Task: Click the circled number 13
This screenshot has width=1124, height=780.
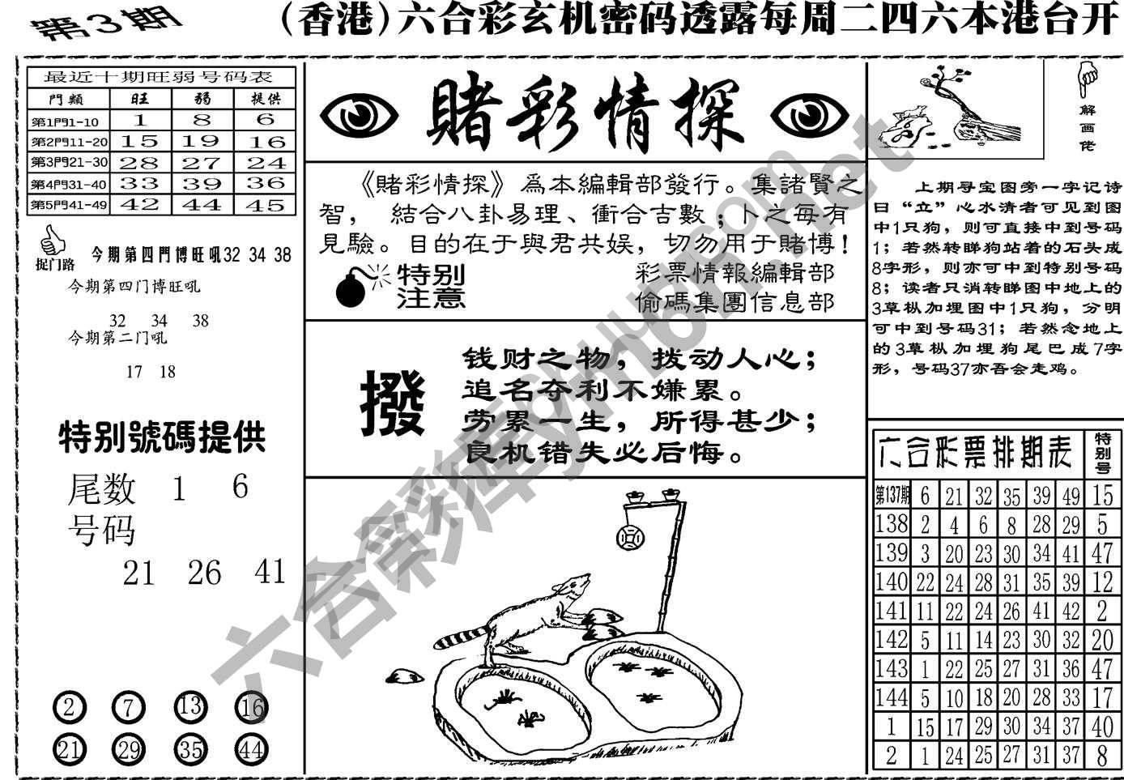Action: click(x=190, y=707)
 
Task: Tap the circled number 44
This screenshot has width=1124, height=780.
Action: click(x=251, y=749)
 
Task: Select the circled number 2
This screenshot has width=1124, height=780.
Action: click(x=69, y=709)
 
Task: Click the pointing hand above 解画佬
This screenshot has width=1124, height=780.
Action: click(x=1087, y=79)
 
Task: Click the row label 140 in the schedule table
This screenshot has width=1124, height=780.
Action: click(x=892, y=581)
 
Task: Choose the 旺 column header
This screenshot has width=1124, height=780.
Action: click(x=140, y=99)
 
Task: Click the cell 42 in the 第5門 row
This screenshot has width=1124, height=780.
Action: click(x=140, y=204)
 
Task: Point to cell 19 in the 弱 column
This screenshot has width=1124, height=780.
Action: click(x=202, y=141)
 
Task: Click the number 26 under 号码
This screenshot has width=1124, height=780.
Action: click(x=203, y=573)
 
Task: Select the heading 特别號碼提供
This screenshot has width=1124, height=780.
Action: click(x=162, y=438)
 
